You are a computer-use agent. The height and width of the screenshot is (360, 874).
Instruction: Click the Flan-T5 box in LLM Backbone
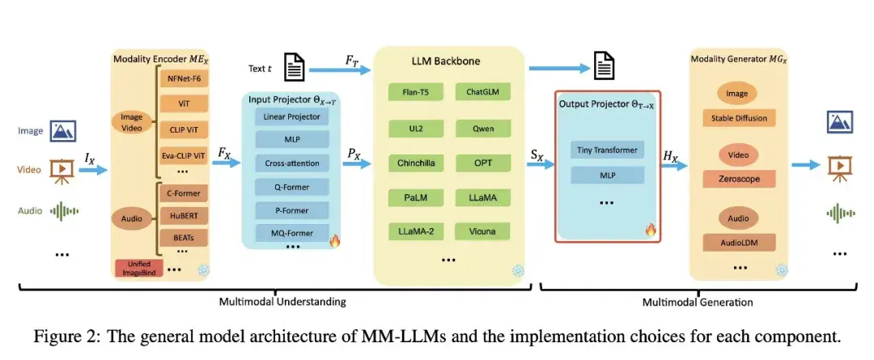click(x=416, y=92)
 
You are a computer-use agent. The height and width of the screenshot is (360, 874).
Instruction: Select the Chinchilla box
click(x=416, y=163)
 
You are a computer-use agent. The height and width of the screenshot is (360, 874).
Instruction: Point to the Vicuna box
click(x=481, y=232)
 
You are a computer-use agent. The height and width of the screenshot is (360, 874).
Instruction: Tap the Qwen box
click(x=481, y=128)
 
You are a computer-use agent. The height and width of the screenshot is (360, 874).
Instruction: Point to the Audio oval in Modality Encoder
click(x=133, y=218)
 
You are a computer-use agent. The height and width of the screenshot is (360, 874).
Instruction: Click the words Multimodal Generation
click(x=698, y=302)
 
